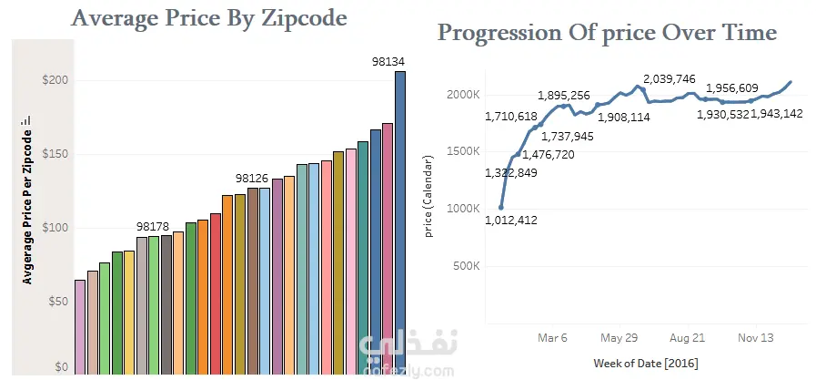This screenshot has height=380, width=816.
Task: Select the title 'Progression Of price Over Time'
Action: coord(607,34)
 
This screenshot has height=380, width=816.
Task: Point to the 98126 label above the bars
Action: coord(252,178)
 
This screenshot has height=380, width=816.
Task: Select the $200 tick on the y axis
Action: coord(56,80)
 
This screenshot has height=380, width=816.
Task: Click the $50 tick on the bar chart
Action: coord(59,302)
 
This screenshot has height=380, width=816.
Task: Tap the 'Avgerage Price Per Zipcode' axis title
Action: coord(26,200)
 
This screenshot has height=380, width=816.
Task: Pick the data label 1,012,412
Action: coord(512,219)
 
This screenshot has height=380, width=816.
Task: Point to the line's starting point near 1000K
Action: coord(501,207)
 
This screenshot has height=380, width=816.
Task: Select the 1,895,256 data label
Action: coord(564,96)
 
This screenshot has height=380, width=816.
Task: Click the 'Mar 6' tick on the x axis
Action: coord(553,337)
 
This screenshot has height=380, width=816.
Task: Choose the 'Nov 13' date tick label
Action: coord(755,337)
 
